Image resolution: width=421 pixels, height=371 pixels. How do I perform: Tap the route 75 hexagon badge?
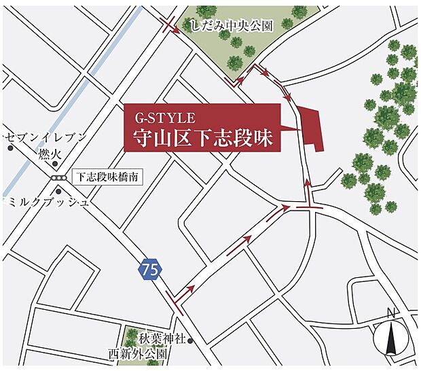(x=151, y=269)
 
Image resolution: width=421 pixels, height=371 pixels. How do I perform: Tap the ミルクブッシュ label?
(x=48, y=202)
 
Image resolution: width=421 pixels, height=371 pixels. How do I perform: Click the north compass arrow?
(x=390, y=338)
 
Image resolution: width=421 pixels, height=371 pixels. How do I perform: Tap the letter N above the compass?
(x=390, y=313)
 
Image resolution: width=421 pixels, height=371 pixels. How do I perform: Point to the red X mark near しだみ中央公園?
(x=168, y=26)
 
